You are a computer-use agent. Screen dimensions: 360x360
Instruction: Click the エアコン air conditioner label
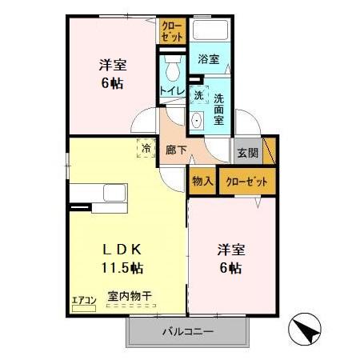tap(83, 300)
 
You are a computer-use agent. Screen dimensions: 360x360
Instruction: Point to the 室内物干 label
tap(130, 296)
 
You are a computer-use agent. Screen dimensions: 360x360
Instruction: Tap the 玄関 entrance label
tap(246, 152)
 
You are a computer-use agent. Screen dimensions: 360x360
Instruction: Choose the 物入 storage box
tap(202, 182)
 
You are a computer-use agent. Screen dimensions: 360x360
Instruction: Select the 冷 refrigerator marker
tap(147, 148)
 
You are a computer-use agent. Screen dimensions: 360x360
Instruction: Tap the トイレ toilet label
tap(171, 90)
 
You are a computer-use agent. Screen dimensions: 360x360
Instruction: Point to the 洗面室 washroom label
tap(218, 110)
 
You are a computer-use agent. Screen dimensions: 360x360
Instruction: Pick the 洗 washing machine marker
tap(198, 95)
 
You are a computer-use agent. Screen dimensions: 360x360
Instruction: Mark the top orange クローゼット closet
tap(170, 32)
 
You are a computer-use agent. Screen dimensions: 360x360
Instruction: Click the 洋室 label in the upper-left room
tap(114, 65)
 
